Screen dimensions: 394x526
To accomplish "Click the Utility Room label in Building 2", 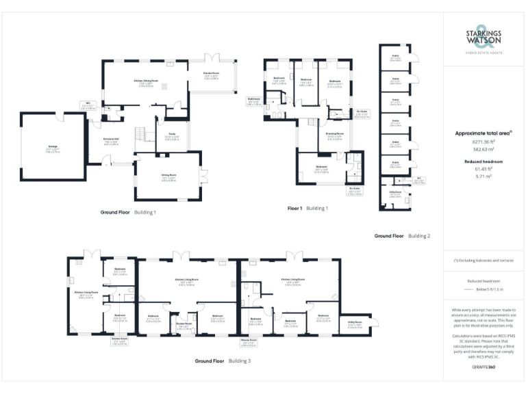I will (x=394, y=196).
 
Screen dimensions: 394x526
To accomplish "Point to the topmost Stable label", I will (x=395, y=57).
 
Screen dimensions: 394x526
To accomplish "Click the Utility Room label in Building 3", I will (x=355, y=326).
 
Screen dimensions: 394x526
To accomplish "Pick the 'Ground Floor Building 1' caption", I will (x=128, y=212).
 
